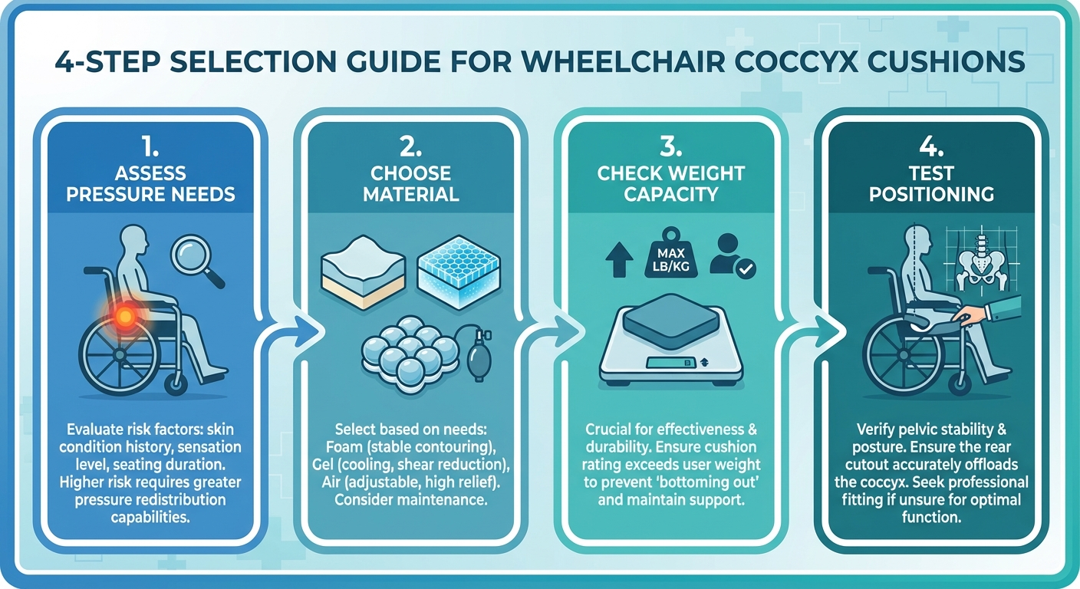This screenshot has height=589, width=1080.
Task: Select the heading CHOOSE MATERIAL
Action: pyautogui.click(x=410, y=183)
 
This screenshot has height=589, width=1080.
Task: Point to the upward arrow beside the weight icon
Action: pyautogui.click(x=617, y=259)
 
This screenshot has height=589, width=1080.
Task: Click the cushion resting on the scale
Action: pyautogui.click(x=670, y=318)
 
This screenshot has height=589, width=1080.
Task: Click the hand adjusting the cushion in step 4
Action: pyautogui.click(x=974, y=314)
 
